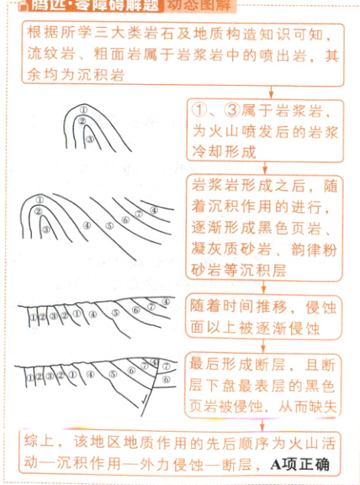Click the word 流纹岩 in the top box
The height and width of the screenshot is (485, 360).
pyautogui.click(x=50, y=57)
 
